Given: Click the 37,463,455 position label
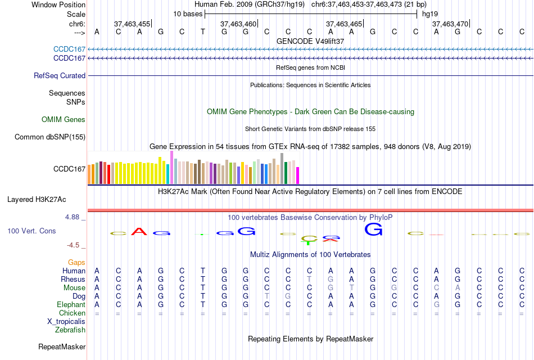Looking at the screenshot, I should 132,24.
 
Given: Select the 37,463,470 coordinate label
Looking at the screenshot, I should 450,24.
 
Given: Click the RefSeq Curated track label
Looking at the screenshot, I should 60,75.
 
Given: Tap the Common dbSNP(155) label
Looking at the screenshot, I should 50,137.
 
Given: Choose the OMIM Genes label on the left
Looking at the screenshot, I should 64,119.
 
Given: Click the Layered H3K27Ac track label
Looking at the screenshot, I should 37,199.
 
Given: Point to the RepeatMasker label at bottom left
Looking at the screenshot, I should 62,346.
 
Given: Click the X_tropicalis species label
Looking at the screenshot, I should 66,321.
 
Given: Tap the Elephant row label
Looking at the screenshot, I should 71,304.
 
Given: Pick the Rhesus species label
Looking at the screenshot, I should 73,279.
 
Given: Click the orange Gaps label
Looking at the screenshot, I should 76,262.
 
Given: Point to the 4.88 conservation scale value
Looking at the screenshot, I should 74,217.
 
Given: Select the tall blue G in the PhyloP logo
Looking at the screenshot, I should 373,229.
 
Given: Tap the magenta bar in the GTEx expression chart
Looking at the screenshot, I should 297,175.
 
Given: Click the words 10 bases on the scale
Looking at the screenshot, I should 187,13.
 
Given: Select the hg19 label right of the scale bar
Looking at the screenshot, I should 430,13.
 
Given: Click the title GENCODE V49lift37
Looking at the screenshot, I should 310,41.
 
